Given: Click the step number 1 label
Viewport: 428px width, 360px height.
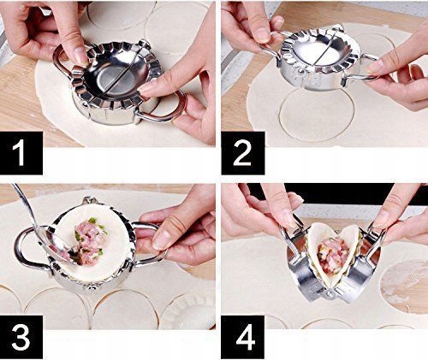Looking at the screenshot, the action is (x=21, y=153).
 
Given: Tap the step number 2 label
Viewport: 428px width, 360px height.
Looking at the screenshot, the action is (x=243, y=153).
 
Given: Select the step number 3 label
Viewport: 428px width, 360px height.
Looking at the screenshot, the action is (x=21, y=337).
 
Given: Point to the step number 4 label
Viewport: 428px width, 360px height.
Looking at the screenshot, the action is (x=243, y=337).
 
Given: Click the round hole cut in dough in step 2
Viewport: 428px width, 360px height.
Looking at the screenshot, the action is (x=317, y=114).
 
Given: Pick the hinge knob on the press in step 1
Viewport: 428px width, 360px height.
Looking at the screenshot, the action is (x=144, y=44).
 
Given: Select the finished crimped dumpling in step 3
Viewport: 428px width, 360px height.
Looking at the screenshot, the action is (x=187, y=311).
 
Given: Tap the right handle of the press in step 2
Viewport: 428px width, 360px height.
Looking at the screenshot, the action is (x=362, y=73).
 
